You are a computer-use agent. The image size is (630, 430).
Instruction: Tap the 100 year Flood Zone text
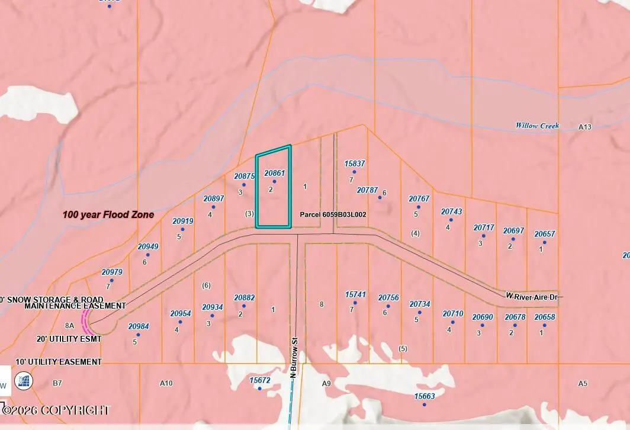coord(108,215)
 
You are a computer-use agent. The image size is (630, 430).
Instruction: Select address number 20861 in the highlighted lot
coord(274,173)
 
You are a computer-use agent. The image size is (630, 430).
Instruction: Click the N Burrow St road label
coord(292,358)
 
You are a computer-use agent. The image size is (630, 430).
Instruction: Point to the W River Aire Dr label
coord(531,296)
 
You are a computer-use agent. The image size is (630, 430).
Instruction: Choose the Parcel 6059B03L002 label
coord(333,214)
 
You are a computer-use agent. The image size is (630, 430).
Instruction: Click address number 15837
coord(355,163)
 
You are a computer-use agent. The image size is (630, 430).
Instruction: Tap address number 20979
coord(112,272)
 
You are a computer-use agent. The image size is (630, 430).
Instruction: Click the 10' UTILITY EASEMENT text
coord(51,362)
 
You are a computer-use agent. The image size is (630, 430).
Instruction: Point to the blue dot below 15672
coord(259,389)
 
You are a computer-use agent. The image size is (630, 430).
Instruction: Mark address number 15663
coord(425,396)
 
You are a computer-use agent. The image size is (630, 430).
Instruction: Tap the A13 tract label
coord(585,127)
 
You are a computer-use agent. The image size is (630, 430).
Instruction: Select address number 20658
coord(545,317)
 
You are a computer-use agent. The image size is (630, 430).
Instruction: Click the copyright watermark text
coord(56,410)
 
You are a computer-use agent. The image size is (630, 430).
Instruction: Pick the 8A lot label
coord(69,325)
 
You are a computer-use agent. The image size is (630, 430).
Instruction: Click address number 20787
coord(367,190)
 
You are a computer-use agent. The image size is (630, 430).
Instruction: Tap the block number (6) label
coord(206,285)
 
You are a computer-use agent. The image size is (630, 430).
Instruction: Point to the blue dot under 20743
coord(451,220)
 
